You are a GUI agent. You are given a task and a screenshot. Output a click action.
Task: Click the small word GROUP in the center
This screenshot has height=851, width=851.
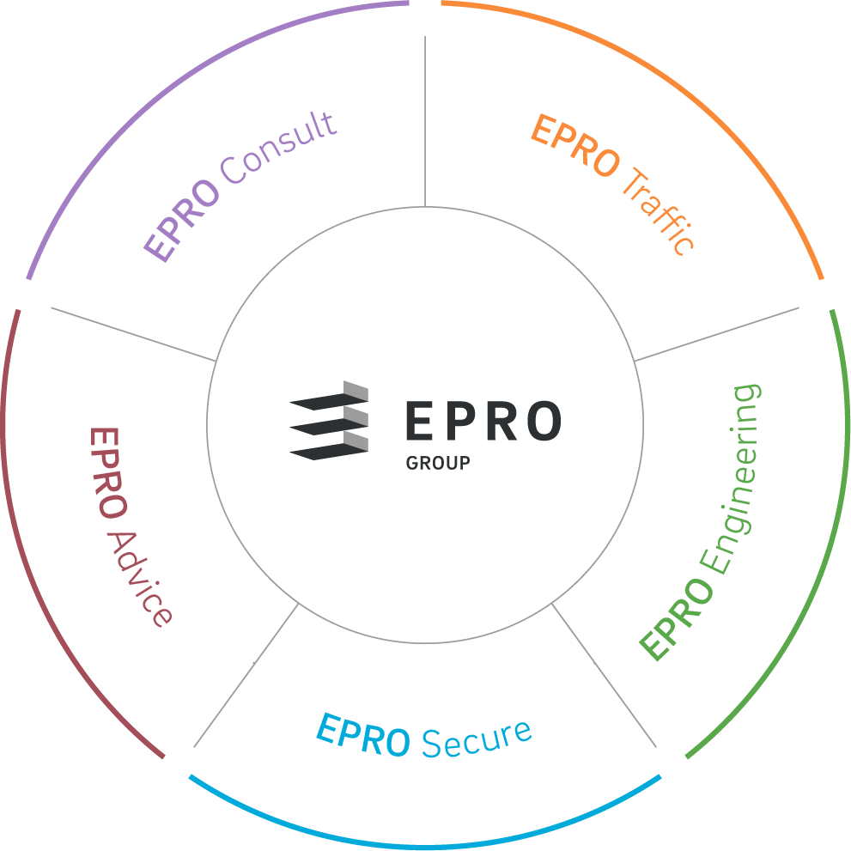(x=437, y=463)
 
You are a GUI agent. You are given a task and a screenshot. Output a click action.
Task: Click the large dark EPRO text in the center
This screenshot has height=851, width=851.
(x=483, y=421)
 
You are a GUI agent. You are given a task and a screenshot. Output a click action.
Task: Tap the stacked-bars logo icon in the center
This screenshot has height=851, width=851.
(x=330, y=420)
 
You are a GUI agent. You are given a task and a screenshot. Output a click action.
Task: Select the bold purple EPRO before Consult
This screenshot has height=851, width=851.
(x=180, y=224)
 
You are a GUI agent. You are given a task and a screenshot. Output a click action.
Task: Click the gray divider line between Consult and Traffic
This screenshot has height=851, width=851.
(x=425, y=120)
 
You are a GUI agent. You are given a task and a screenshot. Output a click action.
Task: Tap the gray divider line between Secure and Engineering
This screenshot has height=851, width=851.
(x=605, y=675)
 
